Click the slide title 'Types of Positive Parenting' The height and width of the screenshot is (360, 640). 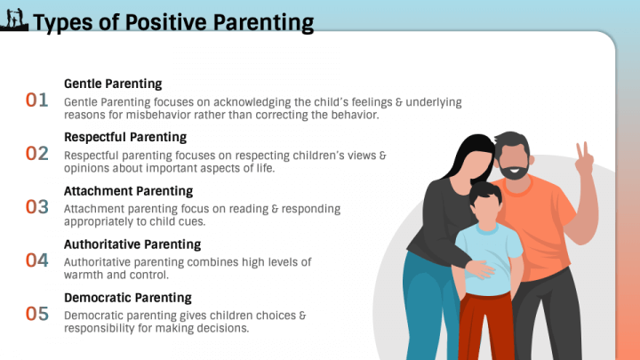click(x=172, y=22)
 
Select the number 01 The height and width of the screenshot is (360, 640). click(x=37, y=100)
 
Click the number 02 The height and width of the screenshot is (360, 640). click(x=37, y=153)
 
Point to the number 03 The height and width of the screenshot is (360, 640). click(x=37, y=206)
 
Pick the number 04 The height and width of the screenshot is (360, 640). click(x=37, y=260)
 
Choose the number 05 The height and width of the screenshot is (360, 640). click(x=37, y=313)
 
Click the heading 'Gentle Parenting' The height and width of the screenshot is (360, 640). click(x=113, y=84)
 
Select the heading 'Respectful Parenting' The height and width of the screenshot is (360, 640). click(x=125, y=137)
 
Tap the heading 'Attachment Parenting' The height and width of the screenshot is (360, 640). click(x=128, y=190)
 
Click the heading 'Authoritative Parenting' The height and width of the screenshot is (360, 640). click(x=132, y=244)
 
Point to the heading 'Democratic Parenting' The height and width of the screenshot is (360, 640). click(x=128, y=297)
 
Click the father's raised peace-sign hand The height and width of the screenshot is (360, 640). click(x=584, y=161)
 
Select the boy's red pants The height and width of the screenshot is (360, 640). click(x=487, y=324)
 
